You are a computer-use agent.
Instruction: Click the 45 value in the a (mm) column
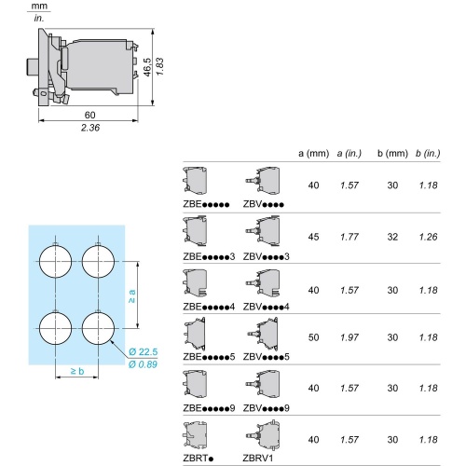tap(313, 237)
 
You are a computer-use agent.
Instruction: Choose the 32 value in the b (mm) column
tap(391, 237)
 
